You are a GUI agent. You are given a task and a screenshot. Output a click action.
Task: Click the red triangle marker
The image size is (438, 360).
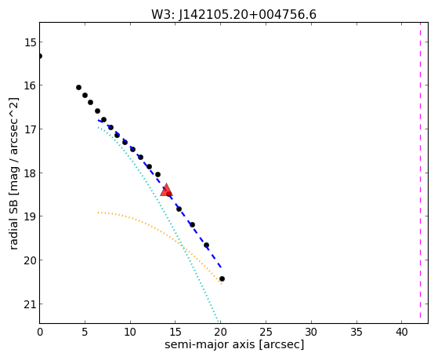166,190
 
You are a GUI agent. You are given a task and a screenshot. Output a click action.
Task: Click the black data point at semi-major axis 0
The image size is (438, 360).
40,56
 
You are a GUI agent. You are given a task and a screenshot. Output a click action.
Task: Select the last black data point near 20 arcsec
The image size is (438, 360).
222,279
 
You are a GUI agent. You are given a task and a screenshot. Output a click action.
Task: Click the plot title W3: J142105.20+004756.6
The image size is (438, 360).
233,15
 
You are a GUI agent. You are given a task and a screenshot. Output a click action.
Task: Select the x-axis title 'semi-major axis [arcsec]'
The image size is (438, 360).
234,344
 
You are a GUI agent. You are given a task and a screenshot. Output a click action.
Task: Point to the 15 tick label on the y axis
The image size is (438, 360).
31,42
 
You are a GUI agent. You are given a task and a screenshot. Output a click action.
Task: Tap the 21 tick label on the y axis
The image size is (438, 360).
31,304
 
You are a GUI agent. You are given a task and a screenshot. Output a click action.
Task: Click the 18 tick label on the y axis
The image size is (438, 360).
31,173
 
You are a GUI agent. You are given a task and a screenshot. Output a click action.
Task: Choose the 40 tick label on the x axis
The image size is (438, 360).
401,332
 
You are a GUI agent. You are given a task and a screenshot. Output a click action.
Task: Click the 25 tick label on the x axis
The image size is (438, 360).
266,332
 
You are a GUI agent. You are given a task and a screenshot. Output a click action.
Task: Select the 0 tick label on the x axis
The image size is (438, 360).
40,332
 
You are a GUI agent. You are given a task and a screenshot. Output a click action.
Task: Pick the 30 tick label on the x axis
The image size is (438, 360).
311,332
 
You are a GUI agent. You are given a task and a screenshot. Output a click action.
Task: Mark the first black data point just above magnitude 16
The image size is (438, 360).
79,88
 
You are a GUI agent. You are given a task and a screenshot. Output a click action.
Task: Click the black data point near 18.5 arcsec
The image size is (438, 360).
206,245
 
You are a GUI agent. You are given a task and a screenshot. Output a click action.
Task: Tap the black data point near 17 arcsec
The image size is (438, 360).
192,224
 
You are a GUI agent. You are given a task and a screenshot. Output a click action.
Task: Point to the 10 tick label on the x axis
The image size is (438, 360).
130,332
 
